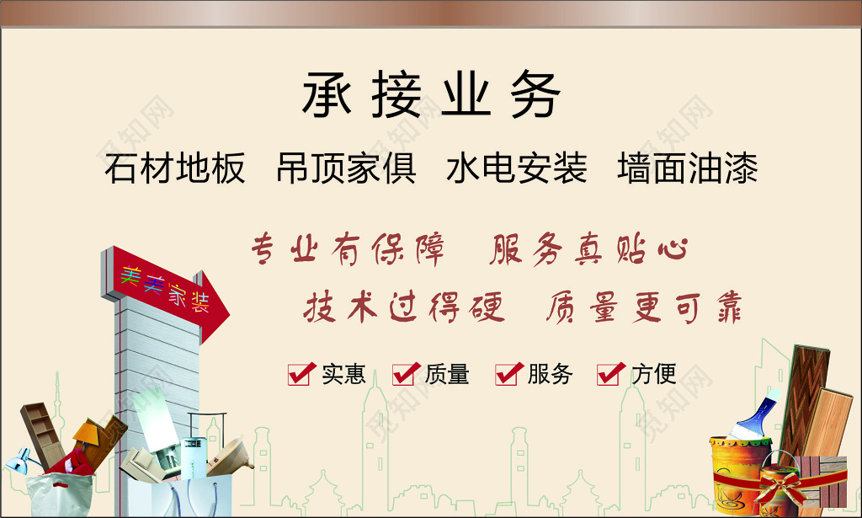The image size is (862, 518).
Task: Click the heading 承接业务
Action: pyautogui.click(x=430, y=95)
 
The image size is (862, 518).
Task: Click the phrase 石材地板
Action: pyautogui.click(x=175, y=168)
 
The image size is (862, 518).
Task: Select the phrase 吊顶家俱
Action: pyautogui.click(x=346, y=168)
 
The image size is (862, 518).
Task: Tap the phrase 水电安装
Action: pyautogui.click(x=517, y=168)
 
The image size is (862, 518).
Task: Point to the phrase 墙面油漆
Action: pyautogui.click(x=688, y=168)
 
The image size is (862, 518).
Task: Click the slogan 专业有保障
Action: pyautogui.click(x=348, y=251)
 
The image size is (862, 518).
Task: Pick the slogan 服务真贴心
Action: pyautogui.click(x=588, y=251)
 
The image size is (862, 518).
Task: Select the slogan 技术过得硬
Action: pyautogui.click(x=404, y=308)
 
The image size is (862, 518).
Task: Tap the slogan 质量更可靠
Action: pyautogui.click(x=643, y=308)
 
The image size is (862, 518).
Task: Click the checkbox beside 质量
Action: pyautogui.click(x=404, y=373)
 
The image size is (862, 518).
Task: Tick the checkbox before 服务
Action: pyautogui.click(x=507, y=373)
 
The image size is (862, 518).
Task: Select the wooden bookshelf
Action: pyautogui.click(x=42, y=430)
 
